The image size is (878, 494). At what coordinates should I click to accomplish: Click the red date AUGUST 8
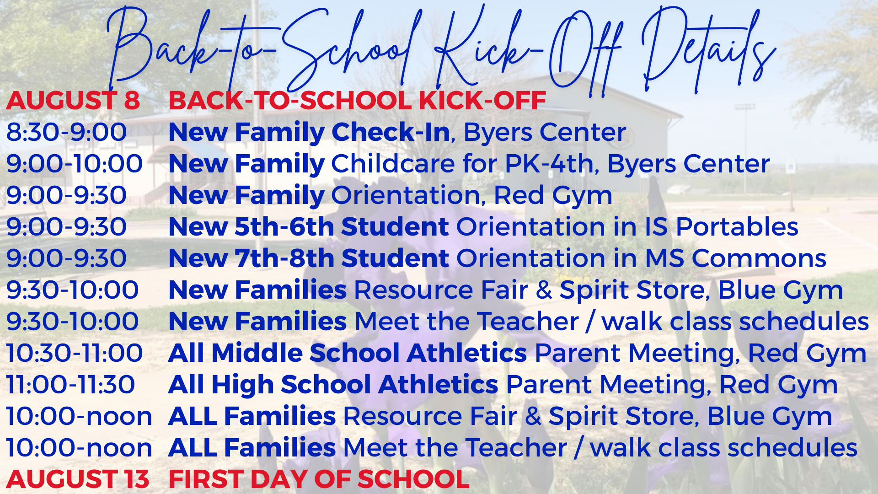[73, 101]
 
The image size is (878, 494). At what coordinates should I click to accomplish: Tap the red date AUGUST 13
[78, 479]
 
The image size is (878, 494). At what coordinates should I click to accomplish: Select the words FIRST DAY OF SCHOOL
[319, 479]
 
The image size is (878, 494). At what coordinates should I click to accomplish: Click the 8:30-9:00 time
[66, 132]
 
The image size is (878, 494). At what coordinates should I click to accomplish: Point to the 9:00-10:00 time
[75, 164]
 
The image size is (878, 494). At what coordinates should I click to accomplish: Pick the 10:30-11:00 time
[75, 353]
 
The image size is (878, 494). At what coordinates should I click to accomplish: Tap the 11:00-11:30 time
[70, 385]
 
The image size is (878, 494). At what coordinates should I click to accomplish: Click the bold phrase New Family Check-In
[310, 132]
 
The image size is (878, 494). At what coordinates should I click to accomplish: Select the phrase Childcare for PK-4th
[462, 164]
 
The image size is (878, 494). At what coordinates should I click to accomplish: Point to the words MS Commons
[735, 258]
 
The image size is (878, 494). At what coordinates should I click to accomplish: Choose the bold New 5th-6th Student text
[309, 227]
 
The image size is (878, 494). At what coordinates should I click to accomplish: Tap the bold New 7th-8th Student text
[309, 258]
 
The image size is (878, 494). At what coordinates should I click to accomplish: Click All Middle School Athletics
[348, 353]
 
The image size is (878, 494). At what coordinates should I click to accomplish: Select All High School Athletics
[333, 385]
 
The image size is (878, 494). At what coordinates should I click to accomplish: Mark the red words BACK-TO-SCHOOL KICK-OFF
[357, 101]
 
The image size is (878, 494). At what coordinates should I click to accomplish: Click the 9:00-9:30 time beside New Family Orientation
[66, 195]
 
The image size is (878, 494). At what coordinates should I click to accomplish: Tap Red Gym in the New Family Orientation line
[553, 196]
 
